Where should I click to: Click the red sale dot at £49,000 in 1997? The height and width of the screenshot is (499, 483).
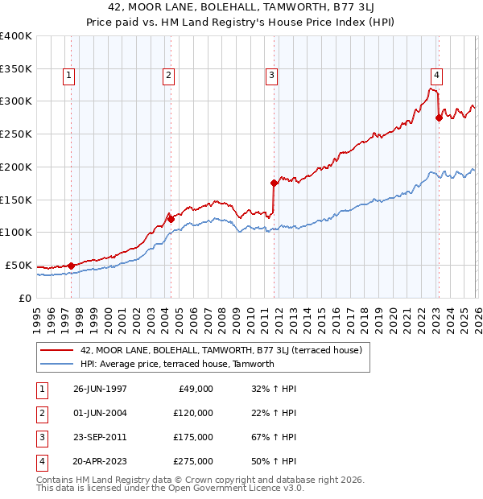coord(72,265)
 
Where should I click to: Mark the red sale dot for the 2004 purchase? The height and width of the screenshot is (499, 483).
coord(171,218)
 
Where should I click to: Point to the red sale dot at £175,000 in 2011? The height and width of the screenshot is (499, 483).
coord(275,183)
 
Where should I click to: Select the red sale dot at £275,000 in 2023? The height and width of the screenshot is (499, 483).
coord(439,118)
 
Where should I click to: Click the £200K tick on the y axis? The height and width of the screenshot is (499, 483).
coord(16,167)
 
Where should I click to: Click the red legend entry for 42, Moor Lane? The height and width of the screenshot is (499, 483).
coord(221,350)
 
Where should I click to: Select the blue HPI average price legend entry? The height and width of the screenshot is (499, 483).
coord(177,364)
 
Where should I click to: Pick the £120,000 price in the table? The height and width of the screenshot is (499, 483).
coord(192,413)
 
